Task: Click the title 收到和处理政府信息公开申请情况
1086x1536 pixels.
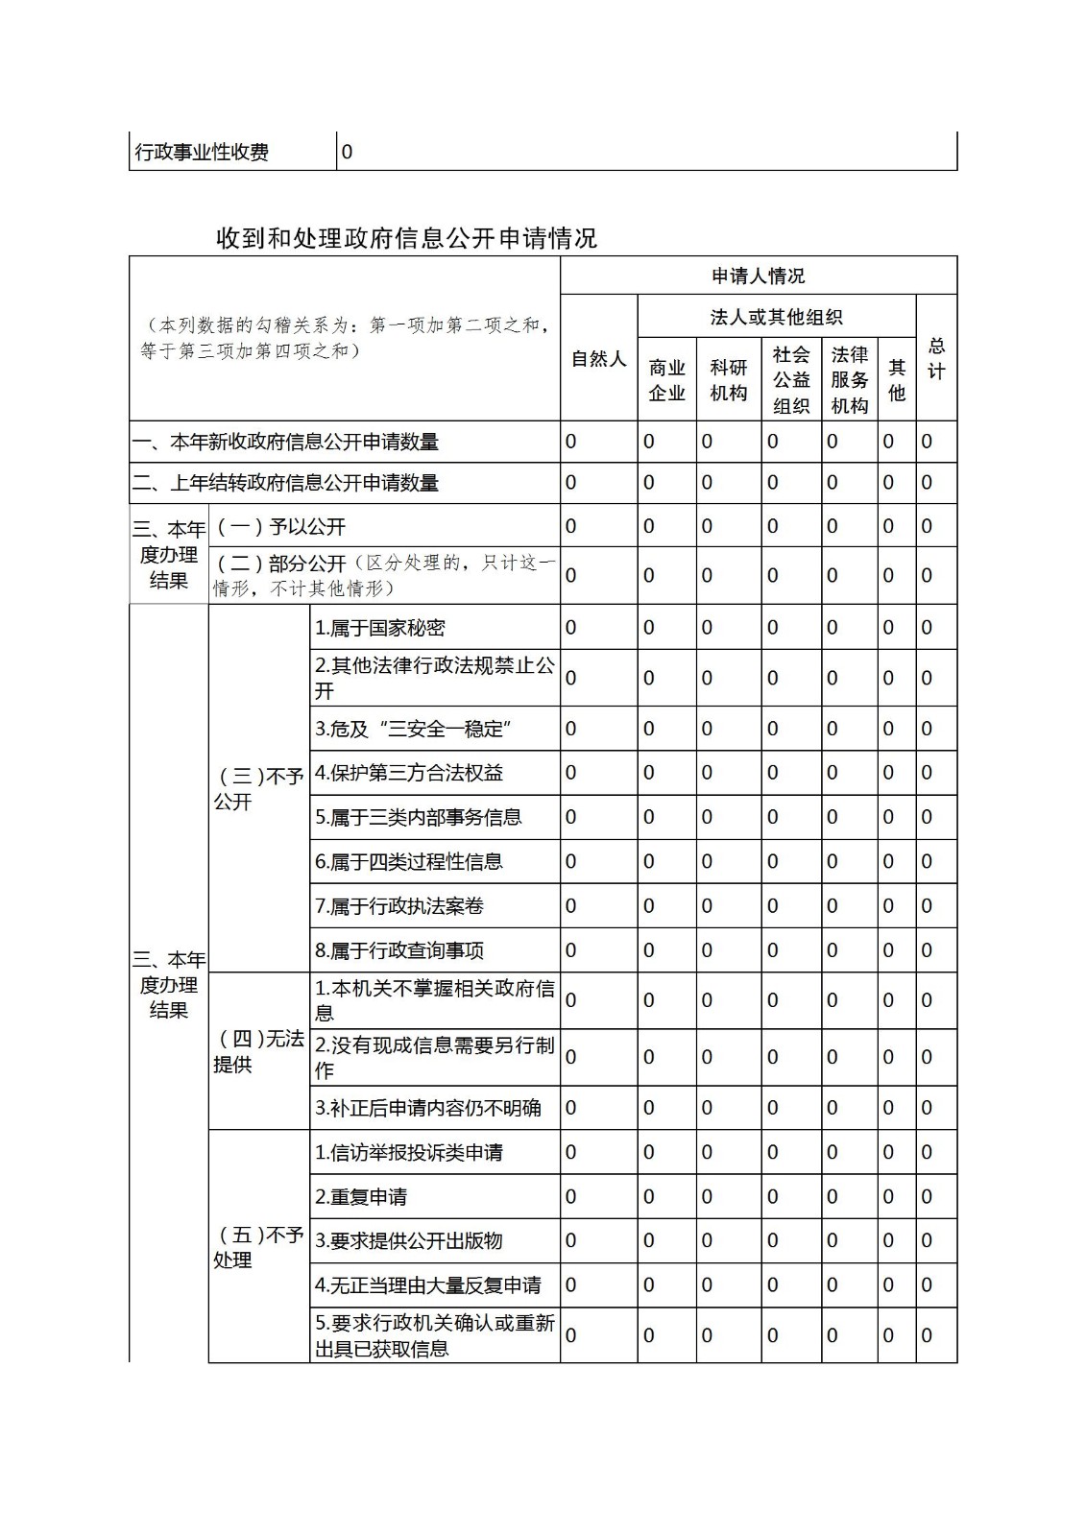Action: point(406,238)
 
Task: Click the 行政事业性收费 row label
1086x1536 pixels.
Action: point(203,152)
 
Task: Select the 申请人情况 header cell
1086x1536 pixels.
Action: point(758,276)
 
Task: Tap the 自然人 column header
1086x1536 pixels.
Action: point(598,359)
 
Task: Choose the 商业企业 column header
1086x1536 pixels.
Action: point(666,380)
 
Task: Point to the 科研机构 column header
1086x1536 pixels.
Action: point(728,380)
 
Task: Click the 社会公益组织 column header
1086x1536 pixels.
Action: point(791,380)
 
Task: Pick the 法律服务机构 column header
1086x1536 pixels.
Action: point(849,380)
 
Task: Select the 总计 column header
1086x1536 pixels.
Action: point(936,359)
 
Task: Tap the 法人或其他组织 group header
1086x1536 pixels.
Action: point(776,317)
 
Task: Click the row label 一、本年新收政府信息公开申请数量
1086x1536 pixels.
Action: point(286,443)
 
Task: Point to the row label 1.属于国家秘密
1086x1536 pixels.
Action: point(380,628)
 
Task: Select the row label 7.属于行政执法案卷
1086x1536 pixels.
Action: point(399,906)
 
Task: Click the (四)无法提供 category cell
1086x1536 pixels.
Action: point(258,1051)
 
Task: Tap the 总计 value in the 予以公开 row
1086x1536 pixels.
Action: point(927,526)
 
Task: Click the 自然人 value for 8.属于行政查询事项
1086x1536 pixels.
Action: point(571,950)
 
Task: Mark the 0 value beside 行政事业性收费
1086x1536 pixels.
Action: point(348,152)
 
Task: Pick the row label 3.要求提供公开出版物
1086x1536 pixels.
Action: point(409,1241)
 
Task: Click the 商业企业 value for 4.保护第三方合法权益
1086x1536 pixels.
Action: point(649,773)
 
